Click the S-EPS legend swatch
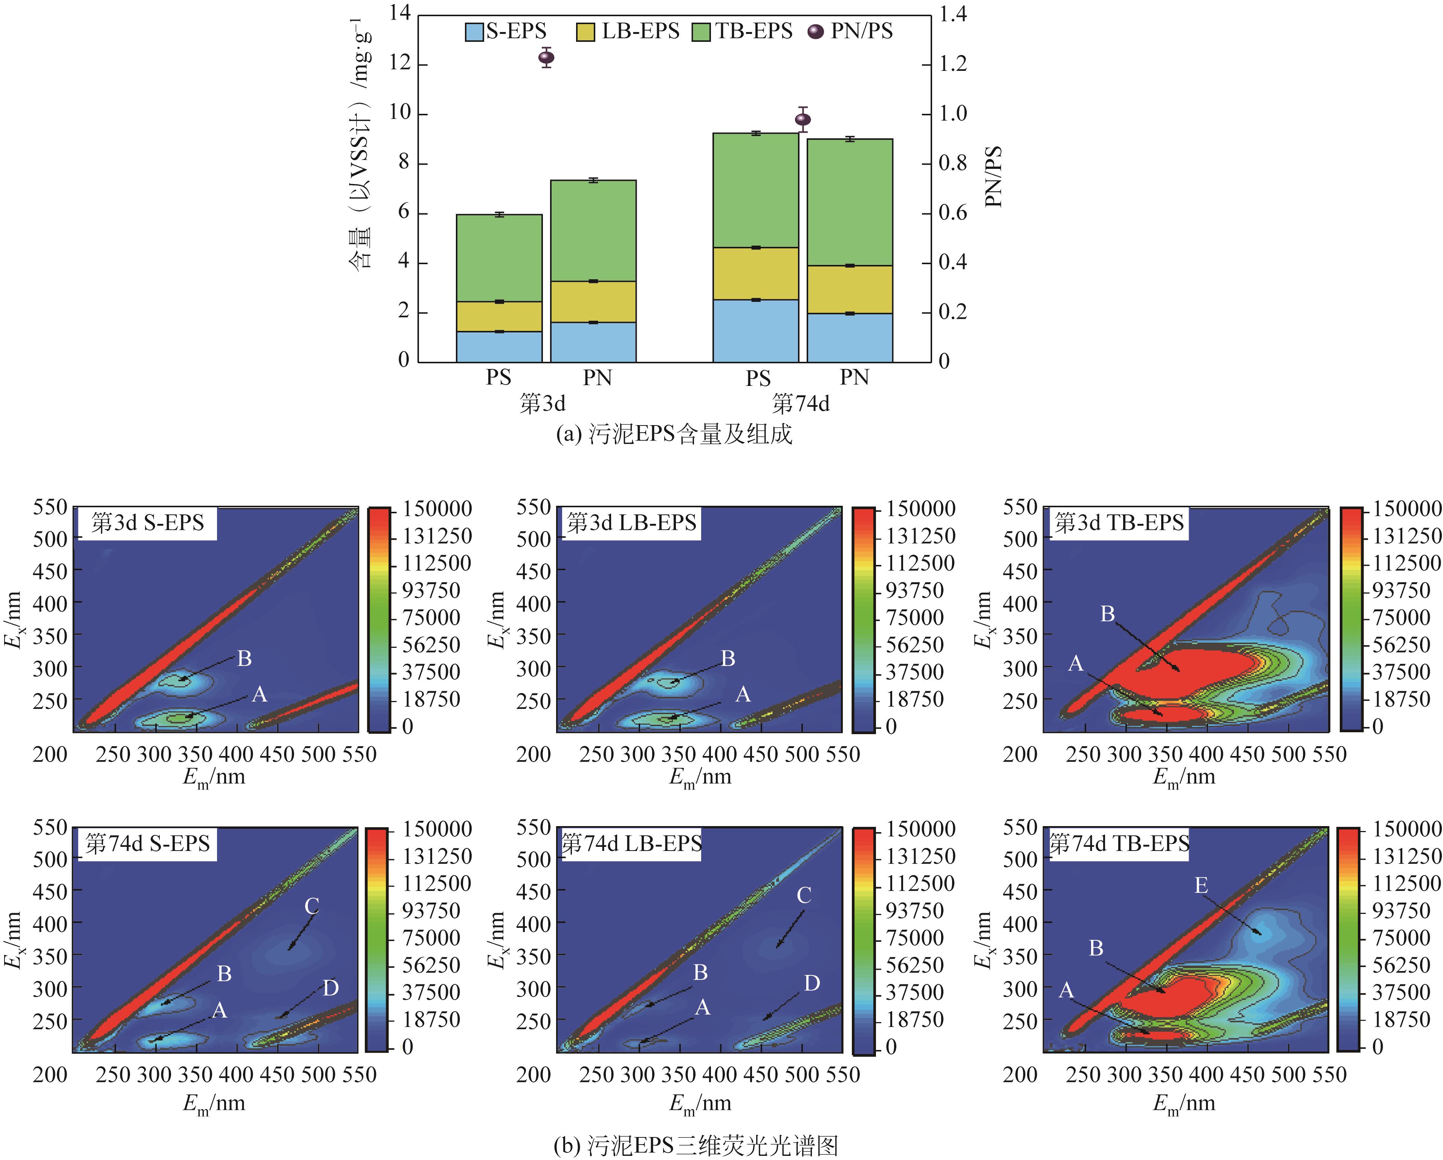[x=474, y=31]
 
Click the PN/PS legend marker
[x=815, y=31]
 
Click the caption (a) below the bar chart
[x=674, y=435]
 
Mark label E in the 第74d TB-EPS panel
[x=1201, y=886]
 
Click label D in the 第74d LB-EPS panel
[x=812, y=983]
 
